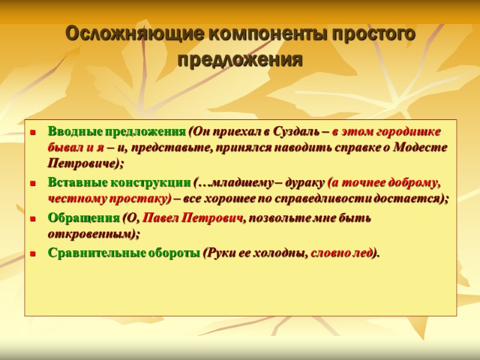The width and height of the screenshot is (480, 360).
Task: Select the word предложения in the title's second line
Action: (241, 61)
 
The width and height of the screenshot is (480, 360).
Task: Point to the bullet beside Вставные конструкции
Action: (34, 182)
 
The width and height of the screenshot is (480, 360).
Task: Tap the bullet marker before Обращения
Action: (34, 218)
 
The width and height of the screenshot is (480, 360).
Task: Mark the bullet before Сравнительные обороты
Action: (34, 254)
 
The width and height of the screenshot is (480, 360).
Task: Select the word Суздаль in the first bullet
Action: (295, 132)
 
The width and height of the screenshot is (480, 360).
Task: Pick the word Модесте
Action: (420, 148)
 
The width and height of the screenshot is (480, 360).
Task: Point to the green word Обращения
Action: (83, 218)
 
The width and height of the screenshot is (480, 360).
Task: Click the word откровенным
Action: (91, 233)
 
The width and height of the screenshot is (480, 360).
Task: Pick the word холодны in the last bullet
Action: (282, 253)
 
